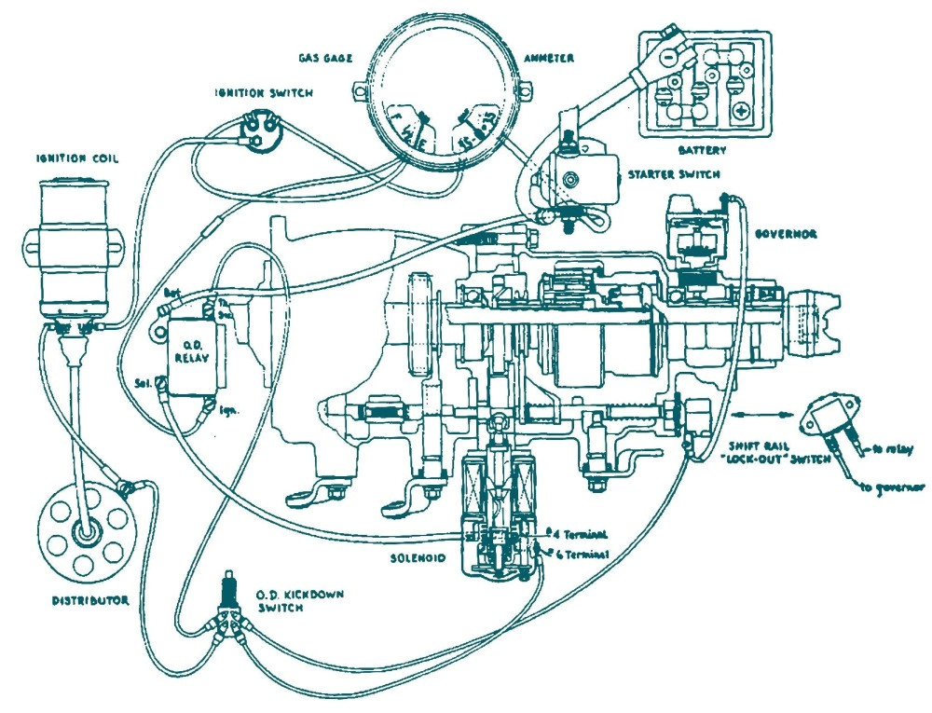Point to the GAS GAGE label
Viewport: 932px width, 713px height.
pos(325,57)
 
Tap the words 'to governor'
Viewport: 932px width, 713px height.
pos(894,487)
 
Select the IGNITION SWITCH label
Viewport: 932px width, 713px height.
pos(264,92)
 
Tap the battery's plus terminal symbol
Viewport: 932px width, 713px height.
pos(741,111)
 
